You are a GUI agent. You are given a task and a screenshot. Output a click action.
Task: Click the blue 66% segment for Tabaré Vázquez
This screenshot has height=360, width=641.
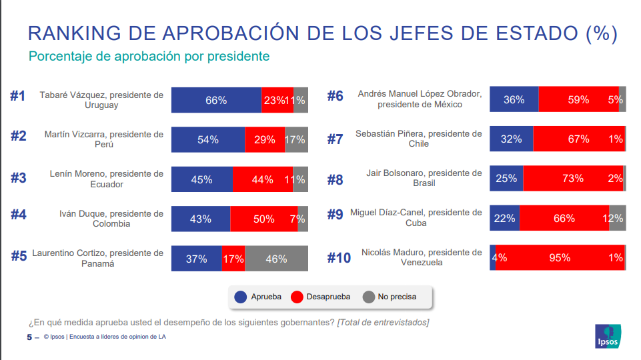click(x=216, y=100)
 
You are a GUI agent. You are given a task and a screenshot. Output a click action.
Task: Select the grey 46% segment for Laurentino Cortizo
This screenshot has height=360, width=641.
click(x=276, y=259)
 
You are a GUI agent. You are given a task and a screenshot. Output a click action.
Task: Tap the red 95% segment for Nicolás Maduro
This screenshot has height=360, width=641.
click(x=560, y=258)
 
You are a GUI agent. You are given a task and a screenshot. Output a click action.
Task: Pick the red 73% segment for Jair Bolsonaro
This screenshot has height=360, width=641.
click(x=572, y=179)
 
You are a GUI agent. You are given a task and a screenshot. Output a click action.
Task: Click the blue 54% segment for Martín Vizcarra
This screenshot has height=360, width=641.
click(x=207, y=139)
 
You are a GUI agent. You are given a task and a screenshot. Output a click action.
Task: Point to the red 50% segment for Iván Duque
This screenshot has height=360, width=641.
click(x=263, y=219)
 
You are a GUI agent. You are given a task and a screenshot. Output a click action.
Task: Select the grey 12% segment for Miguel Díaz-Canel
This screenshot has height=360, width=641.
click(x=617, y=218)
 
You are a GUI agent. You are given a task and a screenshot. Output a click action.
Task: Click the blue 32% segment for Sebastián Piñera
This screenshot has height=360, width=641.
click(x=511, y=139)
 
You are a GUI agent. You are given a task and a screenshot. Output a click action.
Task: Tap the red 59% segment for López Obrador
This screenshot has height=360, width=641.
click(x=578, y=99)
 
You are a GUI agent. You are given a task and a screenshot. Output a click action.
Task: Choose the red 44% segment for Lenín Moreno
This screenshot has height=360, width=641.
click(x=263, y=179)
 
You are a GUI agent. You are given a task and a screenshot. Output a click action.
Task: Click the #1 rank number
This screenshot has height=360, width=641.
click(x=18, y=96)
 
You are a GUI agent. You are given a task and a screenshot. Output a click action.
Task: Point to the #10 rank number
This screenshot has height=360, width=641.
click(x=339, y=257)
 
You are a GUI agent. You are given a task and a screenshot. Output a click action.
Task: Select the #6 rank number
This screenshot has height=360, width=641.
click(x=335, y=96)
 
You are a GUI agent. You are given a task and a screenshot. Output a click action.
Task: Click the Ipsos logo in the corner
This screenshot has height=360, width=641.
click(x=608, y=336)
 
